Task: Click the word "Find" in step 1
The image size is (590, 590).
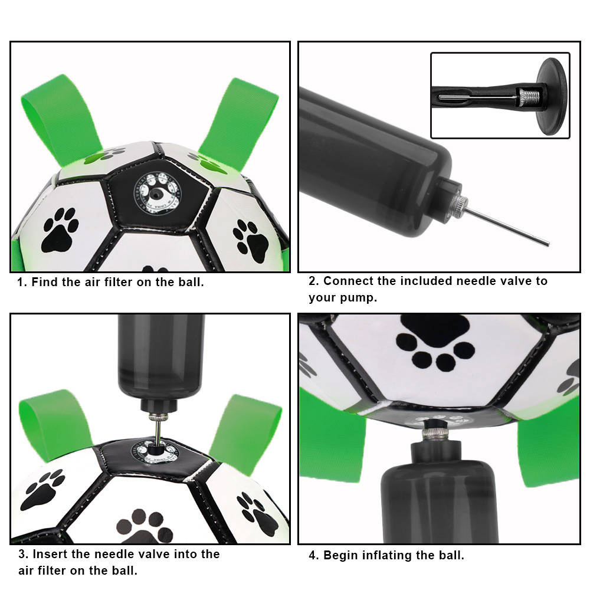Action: [x=45, y=282]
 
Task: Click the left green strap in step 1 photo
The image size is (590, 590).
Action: [x=55, y=115]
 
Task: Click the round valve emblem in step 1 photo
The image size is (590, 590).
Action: [x=155, y=191]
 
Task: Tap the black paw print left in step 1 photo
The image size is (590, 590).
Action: [x=59, y=230]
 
